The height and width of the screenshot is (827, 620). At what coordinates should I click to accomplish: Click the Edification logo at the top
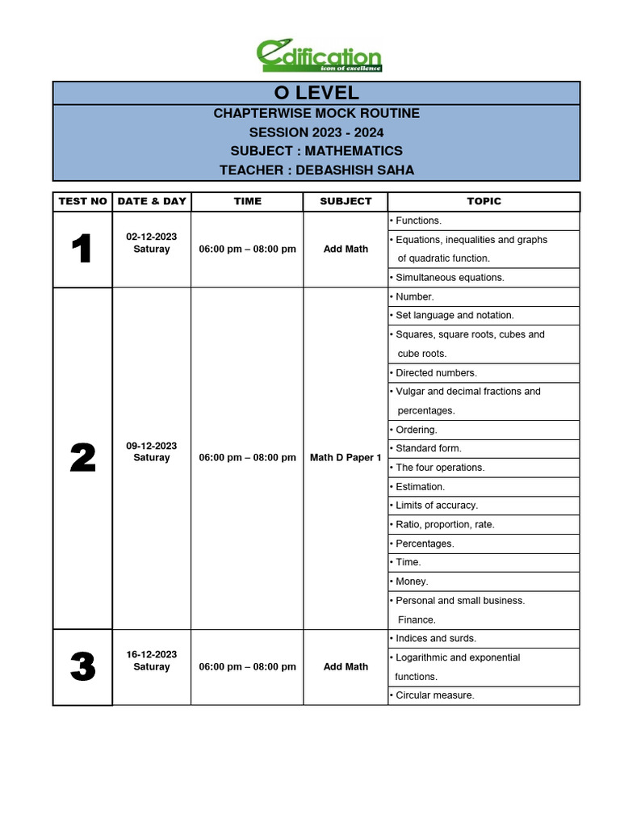coord(318,56)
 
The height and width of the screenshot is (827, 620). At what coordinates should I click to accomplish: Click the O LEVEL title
coord(316,93)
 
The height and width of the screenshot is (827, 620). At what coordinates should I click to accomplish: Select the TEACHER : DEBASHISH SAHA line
coord(316,170)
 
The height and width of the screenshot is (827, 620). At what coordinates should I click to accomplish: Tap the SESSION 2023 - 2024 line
coord(316,132)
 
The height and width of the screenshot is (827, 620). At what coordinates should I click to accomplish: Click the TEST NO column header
coord(82,201)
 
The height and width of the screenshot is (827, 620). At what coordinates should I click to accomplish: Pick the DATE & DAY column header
coord(152,201)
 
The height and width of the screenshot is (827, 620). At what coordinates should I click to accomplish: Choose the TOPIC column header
coord(484,201)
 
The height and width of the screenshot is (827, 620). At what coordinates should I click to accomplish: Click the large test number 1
coord(82,250)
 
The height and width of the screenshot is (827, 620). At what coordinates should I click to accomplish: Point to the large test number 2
coord(82,459)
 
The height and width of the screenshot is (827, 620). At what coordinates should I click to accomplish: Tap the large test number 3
coord(82,668)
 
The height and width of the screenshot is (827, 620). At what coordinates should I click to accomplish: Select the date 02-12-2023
coord(152,237)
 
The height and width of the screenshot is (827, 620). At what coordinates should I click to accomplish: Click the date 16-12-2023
coord(152,654)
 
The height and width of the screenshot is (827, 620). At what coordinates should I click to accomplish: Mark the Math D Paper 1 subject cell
coord(346,458)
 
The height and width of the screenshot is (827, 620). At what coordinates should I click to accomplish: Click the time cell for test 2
coord(247,458)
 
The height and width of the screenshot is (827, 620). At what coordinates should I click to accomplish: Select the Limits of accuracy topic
coord(436,506)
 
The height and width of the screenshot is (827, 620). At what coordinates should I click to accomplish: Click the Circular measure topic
coord(434,695)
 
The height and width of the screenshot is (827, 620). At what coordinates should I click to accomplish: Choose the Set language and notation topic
coord(454,316)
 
